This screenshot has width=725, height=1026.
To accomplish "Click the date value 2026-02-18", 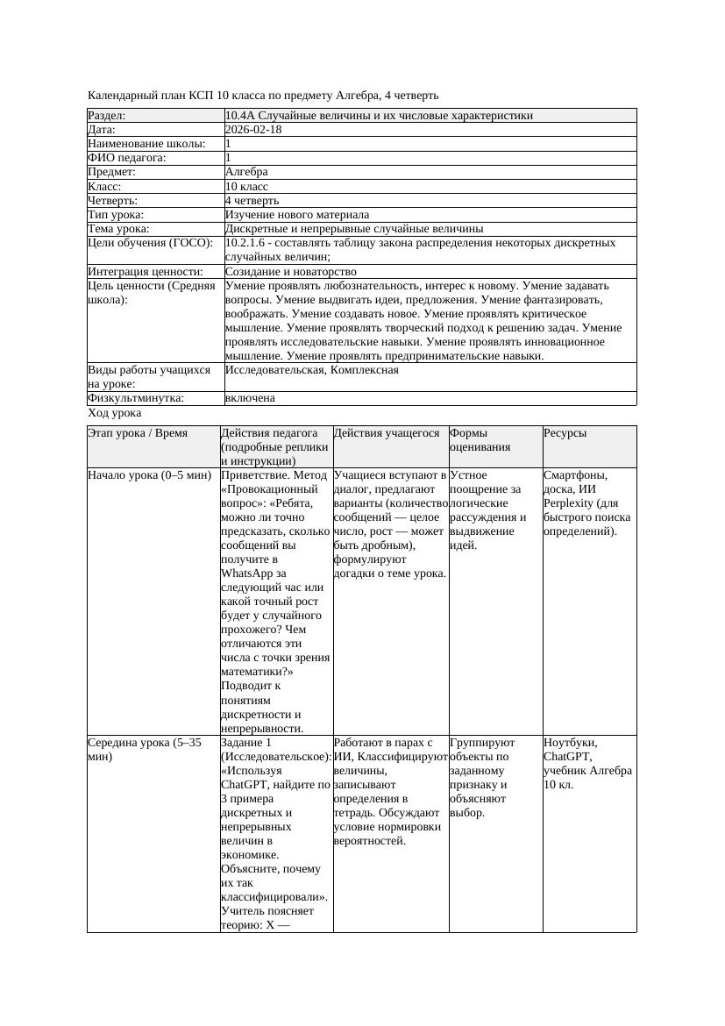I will [x=253, y=130].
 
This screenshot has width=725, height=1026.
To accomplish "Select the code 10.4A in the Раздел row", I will [x=239, y=116].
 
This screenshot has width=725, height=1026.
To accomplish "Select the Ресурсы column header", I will [x=565, y=433].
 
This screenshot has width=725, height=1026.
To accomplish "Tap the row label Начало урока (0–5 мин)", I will [x=150, y=475].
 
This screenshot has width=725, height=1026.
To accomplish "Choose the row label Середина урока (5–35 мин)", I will [x=145, y=749].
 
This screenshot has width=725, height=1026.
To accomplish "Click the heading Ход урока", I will [x=115, y=413].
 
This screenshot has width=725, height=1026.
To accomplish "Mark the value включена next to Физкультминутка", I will [x=250, y=398].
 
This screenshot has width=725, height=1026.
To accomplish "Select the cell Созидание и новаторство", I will [x=291, y=272].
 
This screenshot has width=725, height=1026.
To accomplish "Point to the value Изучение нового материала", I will [x=297, y=215].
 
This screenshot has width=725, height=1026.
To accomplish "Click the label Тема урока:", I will [x=119, y=229].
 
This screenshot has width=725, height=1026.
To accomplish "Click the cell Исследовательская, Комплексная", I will [x=312, y=370].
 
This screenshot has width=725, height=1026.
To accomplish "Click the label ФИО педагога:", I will [x=127, y=158].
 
